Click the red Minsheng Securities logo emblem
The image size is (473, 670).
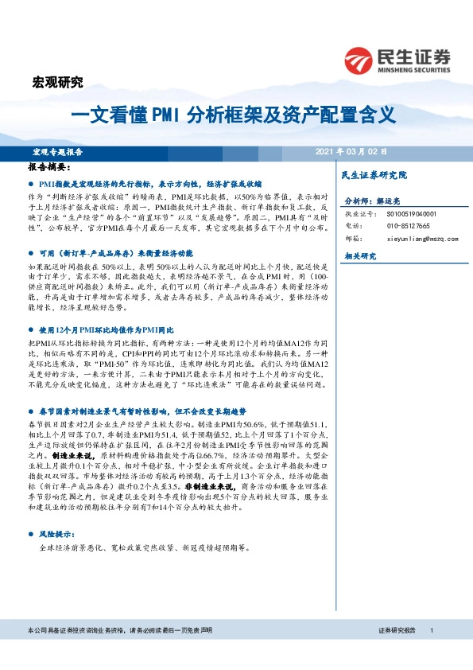361,59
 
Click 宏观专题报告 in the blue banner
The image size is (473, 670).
58,151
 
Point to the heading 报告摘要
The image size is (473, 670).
49,168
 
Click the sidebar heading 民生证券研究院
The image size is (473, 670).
373,174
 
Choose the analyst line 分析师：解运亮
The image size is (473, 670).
374,202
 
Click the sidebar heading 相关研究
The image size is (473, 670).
358,256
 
